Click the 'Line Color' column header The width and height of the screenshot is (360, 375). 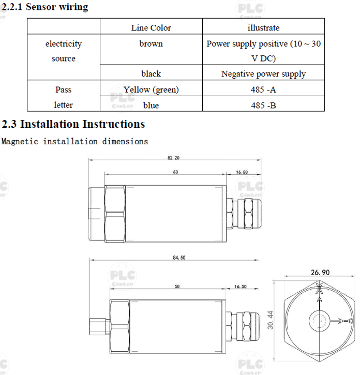point(151,28)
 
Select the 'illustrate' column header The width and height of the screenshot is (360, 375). point(263,28)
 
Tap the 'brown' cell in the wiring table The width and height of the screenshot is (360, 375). point(151,44)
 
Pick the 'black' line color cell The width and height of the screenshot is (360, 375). point(151,73)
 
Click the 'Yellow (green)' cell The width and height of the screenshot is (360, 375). point(151,90)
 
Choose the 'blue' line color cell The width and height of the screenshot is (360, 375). point(151,106)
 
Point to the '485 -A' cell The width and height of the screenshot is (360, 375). point(263,90)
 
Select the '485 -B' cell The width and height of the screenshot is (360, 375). point(263,106)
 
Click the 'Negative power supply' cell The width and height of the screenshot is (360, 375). point(263,73)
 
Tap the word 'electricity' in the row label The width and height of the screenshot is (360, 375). point(63,44)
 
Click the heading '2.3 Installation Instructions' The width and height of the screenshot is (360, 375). point(73,125)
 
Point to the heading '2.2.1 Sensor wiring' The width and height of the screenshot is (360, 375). point(44,7)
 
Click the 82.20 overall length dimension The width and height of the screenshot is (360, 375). point(173,158)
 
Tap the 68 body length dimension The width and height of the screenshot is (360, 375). point(175,172)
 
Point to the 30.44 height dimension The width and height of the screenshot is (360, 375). point(269,320)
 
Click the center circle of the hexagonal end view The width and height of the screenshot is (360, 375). point(320,321)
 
